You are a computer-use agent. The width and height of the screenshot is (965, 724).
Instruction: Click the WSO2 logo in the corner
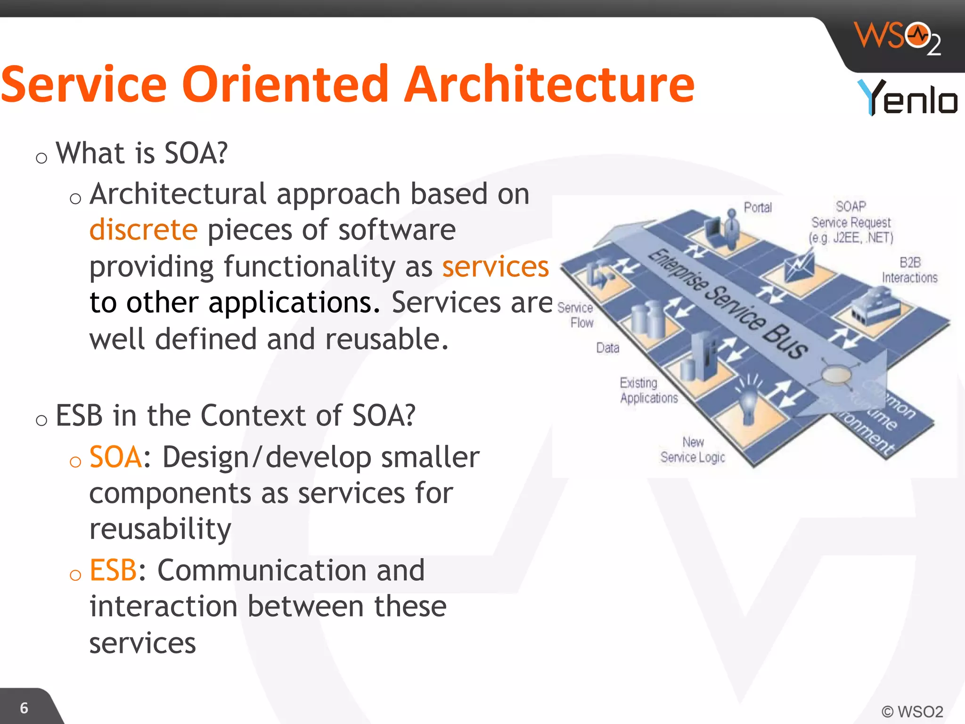tap(898, 38)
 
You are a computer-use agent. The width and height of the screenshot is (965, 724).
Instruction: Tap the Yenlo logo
tap(907, 98)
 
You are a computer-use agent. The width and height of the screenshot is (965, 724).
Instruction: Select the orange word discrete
tap(143, 230)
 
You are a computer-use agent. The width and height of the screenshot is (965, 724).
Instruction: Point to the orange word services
tap(495, 267)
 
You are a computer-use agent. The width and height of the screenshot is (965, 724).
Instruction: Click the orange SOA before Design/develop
tap(115, 457)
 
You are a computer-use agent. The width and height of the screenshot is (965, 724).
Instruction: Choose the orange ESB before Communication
tap(113, 570)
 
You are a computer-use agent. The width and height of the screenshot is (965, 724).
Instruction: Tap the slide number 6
tap(24, 708)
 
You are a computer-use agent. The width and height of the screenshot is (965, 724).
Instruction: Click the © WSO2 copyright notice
tap(912, 711)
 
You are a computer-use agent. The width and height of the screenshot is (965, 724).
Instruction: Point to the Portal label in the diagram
tap(758, 207)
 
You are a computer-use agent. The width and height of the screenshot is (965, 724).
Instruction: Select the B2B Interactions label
tap(909, 270)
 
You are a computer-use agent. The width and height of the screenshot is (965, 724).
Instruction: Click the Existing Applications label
tap(648, 390)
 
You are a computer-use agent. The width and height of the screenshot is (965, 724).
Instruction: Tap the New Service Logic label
tap(693, 450)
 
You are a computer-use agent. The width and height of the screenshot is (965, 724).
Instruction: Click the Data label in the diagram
tap(607, 348)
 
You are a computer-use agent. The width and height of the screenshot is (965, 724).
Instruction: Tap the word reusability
tap(160, 529)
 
